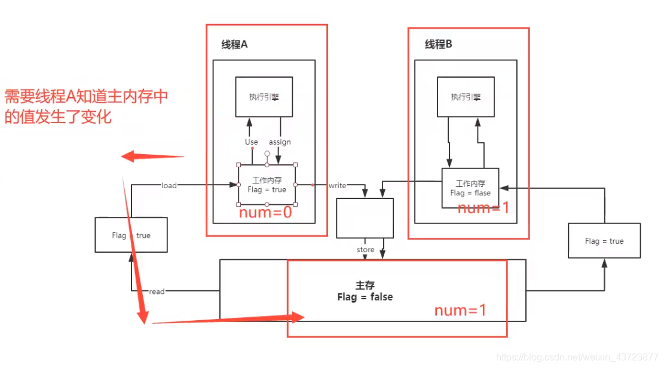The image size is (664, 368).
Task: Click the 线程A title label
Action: click(234, 45)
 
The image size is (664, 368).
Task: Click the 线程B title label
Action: click(438, 44)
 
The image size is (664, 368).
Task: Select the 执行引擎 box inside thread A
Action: click(264, 97)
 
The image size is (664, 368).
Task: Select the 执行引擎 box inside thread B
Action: click(466, 97)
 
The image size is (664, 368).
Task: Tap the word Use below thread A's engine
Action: click(251, 142)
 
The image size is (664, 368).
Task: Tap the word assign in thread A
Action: click(280, 142)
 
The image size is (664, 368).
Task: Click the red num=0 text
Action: click(265, 213)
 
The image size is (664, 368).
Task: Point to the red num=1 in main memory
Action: click(460, 311)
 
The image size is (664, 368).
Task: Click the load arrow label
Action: click(169, 186)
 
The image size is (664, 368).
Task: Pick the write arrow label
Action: click(337, 186)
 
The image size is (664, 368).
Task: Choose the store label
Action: click(365, 250)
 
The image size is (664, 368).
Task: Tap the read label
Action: click(157, 292)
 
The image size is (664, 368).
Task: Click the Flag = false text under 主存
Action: click(365, 297)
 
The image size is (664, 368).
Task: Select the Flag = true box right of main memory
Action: click(604, 241)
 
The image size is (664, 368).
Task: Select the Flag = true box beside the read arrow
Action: click(131, 235)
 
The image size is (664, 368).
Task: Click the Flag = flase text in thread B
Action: click(470, 193)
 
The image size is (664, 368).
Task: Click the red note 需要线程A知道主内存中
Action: click(86, 97)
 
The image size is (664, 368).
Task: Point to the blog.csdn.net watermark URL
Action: click(577, 357)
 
